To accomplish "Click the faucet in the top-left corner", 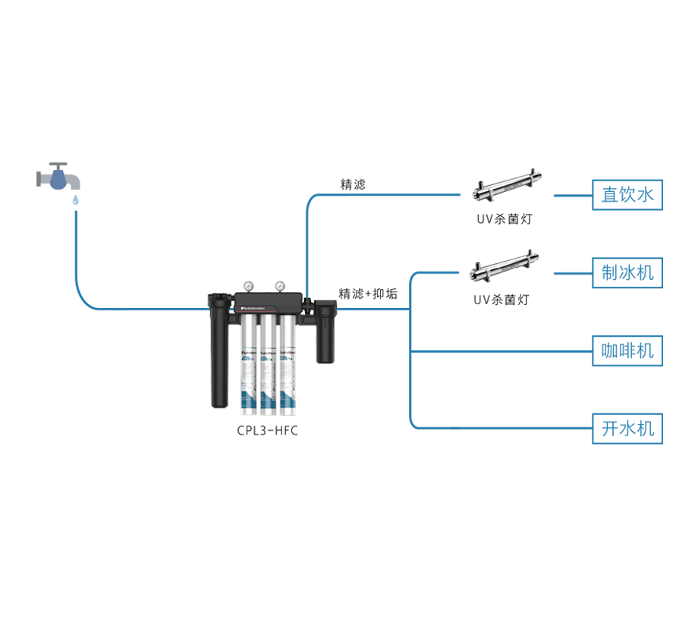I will coord(58,177).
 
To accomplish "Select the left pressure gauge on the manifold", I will coord(247,286).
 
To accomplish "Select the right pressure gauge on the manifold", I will coord(280,286).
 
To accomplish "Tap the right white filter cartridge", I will coord(285,364).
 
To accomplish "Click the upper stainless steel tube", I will coord(505,187).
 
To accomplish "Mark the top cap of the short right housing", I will coord(327,308).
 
